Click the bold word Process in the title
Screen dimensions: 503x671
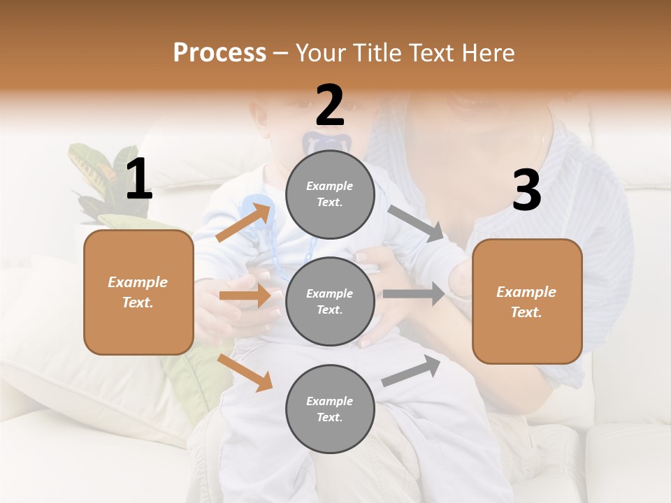219,53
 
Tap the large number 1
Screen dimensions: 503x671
138,180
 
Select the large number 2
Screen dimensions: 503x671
330,105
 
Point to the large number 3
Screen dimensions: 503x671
526,191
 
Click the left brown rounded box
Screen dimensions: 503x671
138,292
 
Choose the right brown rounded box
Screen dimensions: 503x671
527,301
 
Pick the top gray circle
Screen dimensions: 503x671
330,194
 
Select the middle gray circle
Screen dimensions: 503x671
330,301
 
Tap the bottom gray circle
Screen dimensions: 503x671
330,409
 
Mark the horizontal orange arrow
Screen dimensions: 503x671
245,296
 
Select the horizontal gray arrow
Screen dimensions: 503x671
413,293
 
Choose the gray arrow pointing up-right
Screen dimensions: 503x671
411,371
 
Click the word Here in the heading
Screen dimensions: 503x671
487,53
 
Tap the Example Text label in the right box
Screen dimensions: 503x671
527,302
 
